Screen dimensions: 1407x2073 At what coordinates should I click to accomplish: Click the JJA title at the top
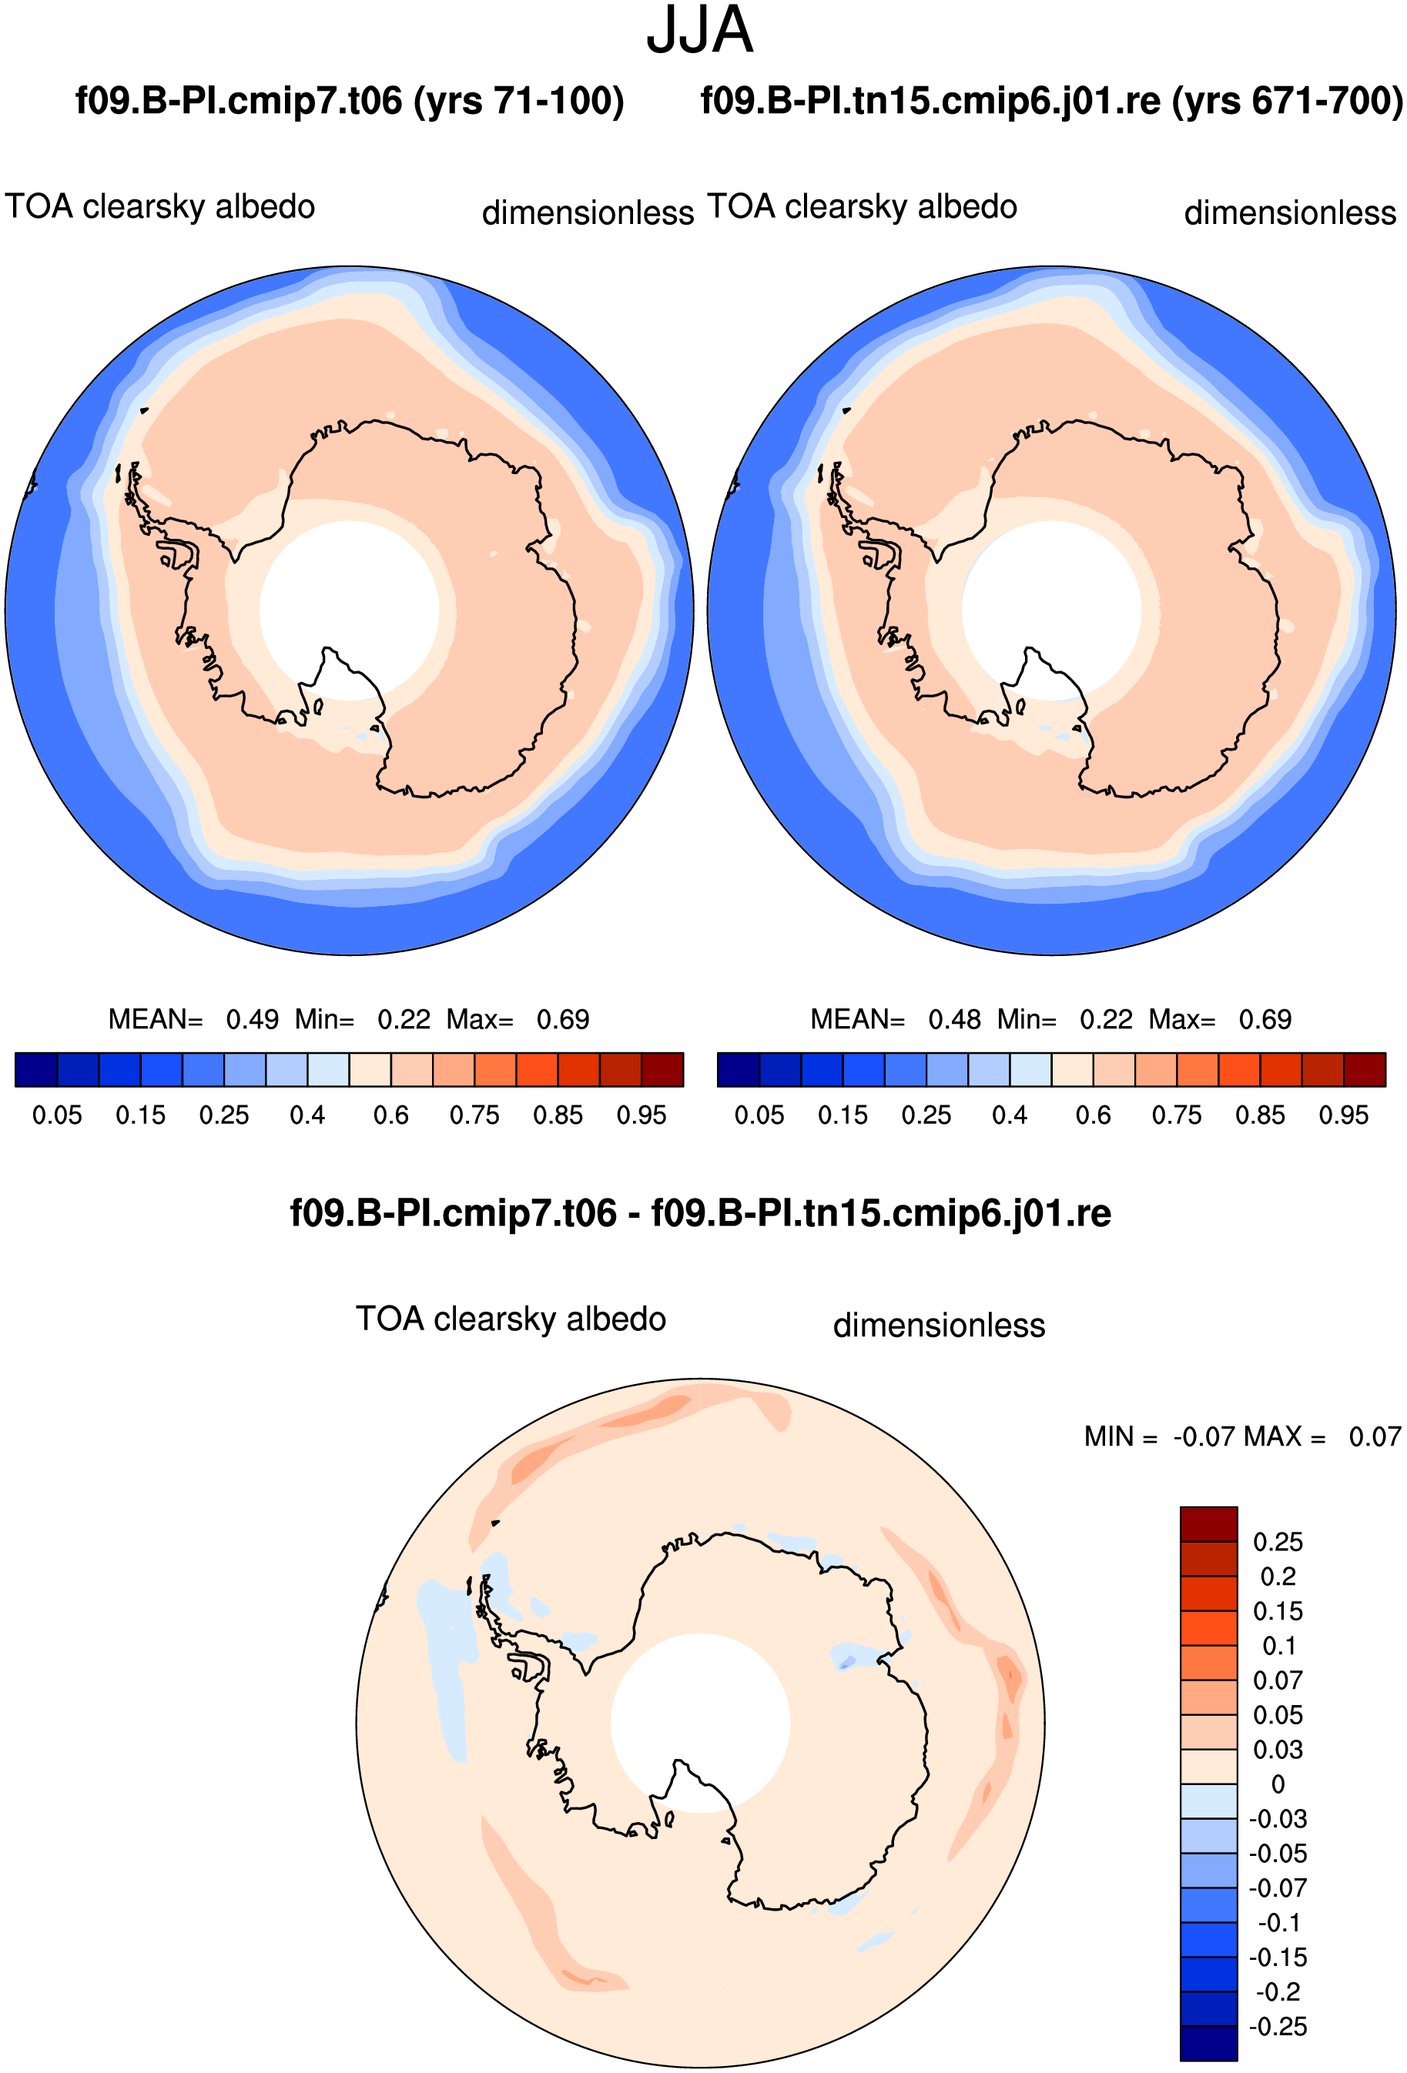[x=699, y=30]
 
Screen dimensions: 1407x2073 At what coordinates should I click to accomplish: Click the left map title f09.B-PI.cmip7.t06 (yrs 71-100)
[x=350, y=101]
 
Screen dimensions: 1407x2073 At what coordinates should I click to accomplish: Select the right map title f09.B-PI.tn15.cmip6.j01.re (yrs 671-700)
[x=1052, y=101]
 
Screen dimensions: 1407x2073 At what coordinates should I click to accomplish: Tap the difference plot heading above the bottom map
[x=700, y=1213]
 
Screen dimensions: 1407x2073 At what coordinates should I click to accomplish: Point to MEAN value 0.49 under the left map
[x=253, y=1018]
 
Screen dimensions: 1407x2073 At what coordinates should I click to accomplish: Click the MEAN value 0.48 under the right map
[x=955, y=1018]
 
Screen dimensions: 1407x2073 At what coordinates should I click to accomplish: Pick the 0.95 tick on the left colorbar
[x=642, y=1115]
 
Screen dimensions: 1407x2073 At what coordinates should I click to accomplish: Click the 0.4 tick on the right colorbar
[x=1010, y=1115]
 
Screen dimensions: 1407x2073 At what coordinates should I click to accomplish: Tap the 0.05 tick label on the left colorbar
[x=57, y=1115]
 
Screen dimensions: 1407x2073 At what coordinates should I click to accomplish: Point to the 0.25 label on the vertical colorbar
[x=1278, y=1541]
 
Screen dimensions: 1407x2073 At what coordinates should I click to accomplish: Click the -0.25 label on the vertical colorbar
[x=1278, y=2027]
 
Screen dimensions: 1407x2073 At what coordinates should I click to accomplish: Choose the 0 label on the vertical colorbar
[x=1278, y=1784]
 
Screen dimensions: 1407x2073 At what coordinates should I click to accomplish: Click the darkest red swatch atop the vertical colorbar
[x=1209, y=1524]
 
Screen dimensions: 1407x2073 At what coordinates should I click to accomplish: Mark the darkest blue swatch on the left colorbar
[x=36, y=1069]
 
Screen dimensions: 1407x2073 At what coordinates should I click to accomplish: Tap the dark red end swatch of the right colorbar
[x=1365, y=1069]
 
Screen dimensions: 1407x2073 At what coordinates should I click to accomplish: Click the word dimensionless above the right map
[x=1290, y=212]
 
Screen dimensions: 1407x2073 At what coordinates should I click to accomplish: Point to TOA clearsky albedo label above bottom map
[x=511, y=1319]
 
